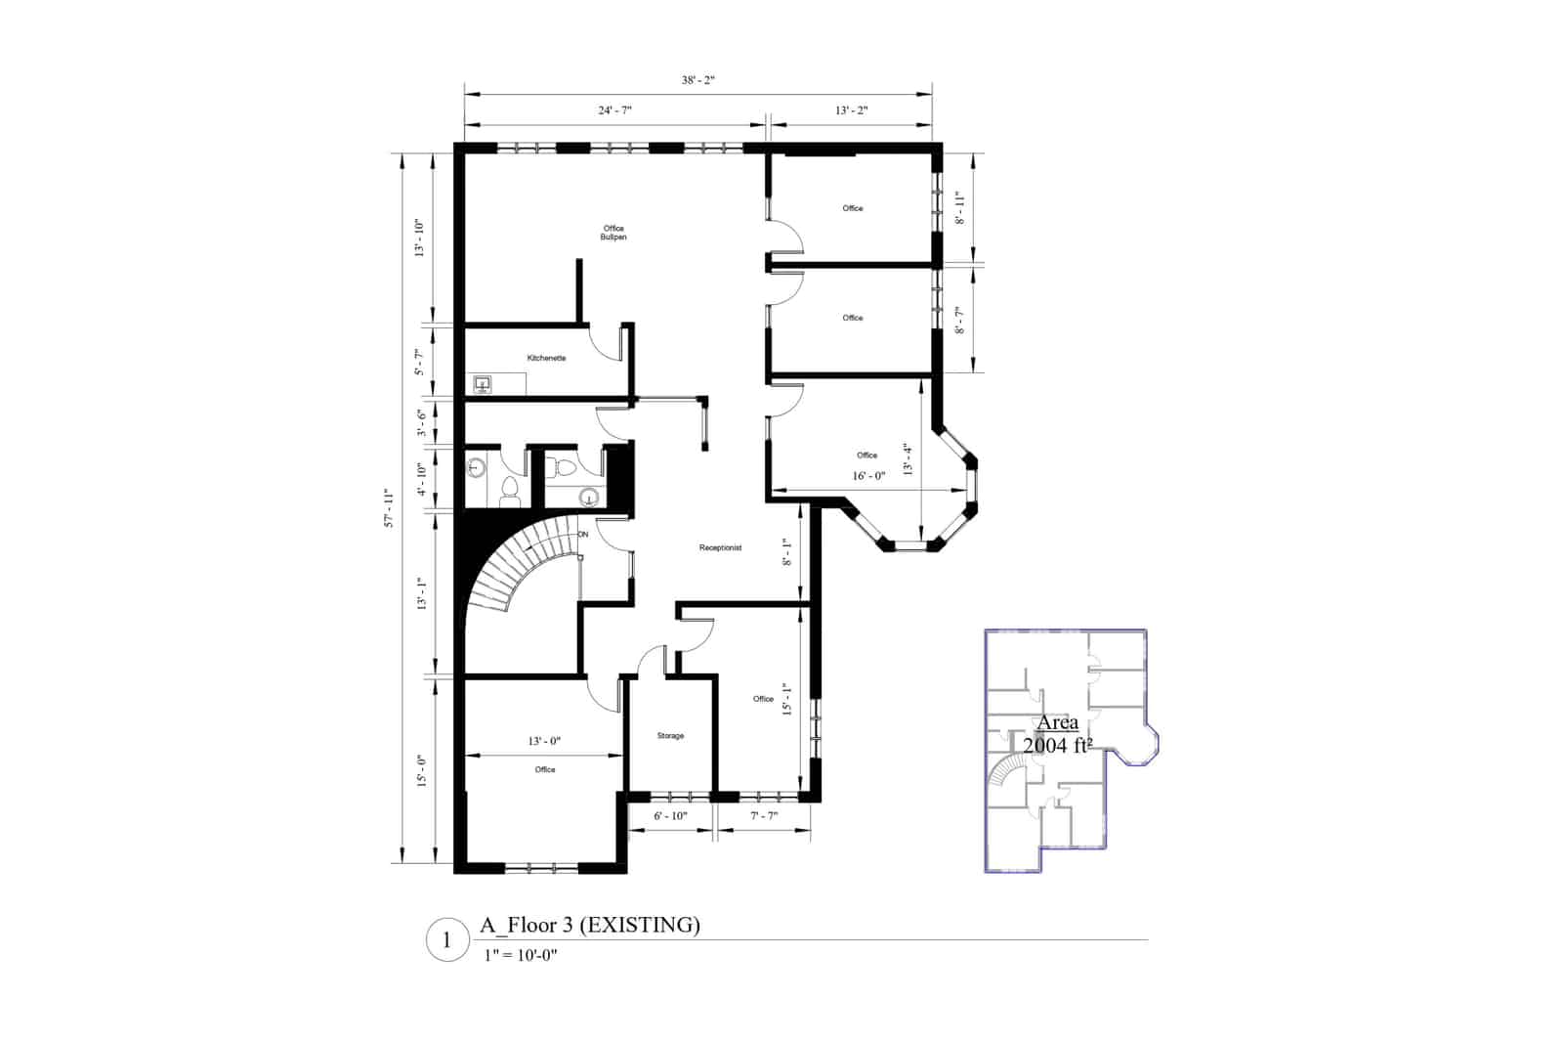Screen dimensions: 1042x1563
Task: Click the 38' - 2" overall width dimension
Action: (x=697, y=80)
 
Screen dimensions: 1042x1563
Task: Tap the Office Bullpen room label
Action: (x=613, y=233)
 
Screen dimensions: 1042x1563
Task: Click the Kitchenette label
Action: (x=546, y=359)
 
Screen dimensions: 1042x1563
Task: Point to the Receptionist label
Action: (x=720, y=548)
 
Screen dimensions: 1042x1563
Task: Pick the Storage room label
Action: (x=670, y=736)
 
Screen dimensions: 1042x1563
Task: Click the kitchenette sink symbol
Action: (x=483, y=384)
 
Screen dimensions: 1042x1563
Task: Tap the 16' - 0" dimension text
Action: (x=869, y=476)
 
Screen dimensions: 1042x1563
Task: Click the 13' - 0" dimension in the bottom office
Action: (x=544, y=741)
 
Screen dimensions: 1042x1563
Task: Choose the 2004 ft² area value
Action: (x=1057, y=746)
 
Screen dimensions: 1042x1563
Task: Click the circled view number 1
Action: (x=447, y=941)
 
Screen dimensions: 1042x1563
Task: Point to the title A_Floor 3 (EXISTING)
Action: (x=590, y=925)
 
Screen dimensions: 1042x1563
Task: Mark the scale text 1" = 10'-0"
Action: (x=520, y=956)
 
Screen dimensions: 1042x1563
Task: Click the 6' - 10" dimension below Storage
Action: (x=670, y=815)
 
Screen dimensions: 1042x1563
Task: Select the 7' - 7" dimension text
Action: (x=764, y=815)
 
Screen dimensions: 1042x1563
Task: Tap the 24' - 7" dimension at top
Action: (x=614, y=110)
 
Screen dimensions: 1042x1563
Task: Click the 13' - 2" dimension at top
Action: (x=851, y=110)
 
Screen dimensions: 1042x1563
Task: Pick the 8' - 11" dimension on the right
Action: (x=960, y=208)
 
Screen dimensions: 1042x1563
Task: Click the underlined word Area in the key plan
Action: (x=1057, y=723)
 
